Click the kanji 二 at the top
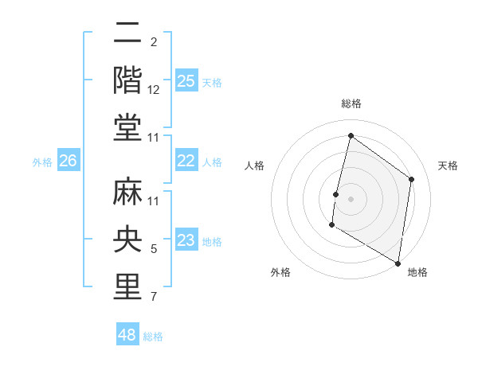coord(128,33)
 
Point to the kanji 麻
coord(128,192)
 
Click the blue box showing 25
coord(186,80)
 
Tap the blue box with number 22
coord(186,161)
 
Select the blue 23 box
coord(186,240)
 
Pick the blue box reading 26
coord(68,161)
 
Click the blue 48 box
coord(127,335)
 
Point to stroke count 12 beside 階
coord(154,90)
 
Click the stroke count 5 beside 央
coord(154,249)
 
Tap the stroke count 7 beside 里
coord(154,297)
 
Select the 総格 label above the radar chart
coord(351,103)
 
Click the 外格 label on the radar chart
coord(280,272)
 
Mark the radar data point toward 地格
coord(398,263)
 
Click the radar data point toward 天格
coord(412,179)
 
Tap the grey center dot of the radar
coord(351,199)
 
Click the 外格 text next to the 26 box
coord(42,162)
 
